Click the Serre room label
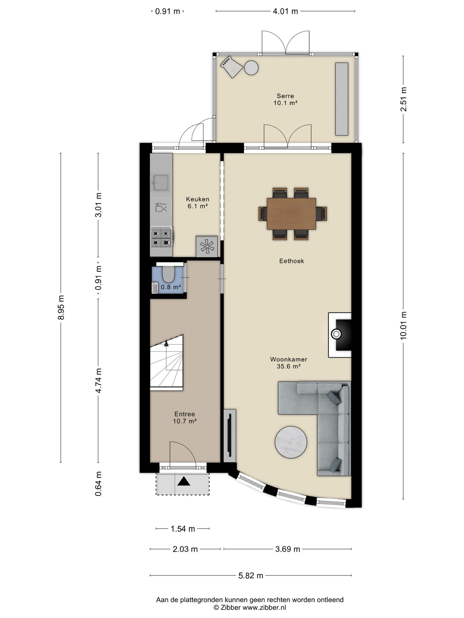point(285,96)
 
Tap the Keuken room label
point(198,199)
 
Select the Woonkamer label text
point(288,359)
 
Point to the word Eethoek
point(292,261)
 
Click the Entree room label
point(185,414)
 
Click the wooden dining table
point(291,214)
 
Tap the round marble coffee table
point(291,442)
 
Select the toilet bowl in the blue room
point(168,274)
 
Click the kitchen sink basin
point(161,183)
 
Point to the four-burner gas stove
point(161,237)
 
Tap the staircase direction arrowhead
point(166,343)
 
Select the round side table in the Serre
point(251,68)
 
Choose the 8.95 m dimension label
point(61,307)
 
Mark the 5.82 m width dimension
point(251,576)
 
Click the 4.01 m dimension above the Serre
point(285,11)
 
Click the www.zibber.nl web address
point(264,607)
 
